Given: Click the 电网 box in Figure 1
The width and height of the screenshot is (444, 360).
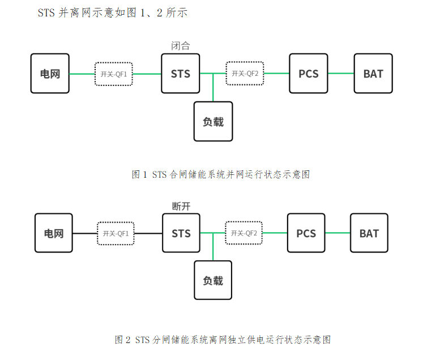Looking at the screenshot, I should [50, 74].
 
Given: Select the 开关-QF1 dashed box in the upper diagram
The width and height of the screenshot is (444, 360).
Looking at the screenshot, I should [113, 74].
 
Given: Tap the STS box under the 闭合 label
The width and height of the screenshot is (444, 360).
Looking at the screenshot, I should [181, 74].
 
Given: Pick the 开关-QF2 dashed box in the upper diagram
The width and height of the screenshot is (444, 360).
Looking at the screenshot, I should [245, 74].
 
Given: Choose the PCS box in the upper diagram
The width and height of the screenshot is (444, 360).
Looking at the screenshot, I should [308, 74].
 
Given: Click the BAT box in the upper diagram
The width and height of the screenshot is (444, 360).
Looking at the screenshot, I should [373, 74].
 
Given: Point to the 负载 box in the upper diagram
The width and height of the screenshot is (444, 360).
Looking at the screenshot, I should [213, 122].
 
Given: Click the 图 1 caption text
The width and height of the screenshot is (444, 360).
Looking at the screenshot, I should [221, 175].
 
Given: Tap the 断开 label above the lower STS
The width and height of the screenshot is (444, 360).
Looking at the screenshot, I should [181, 207].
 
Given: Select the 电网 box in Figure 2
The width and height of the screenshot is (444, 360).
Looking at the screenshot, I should [54, 233].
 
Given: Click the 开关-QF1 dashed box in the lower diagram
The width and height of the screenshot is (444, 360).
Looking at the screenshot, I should [116, 233].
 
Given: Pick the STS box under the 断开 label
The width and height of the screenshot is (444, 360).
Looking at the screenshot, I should [181, 233].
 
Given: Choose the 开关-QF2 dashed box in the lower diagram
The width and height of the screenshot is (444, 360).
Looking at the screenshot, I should [244, 233].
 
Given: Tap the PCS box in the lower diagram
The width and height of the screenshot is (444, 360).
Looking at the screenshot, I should [306, 233].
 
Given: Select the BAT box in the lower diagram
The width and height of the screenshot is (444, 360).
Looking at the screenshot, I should [369, 233].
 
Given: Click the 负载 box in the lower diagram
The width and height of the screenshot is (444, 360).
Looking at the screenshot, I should [213, 280].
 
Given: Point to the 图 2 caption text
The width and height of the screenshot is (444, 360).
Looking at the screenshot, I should [222, 340].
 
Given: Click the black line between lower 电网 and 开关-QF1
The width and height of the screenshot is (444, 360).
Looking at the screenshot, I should [85, 233].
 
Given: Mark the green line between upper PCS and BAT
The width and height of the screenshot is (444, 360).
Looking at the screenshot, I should [340, 74].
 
